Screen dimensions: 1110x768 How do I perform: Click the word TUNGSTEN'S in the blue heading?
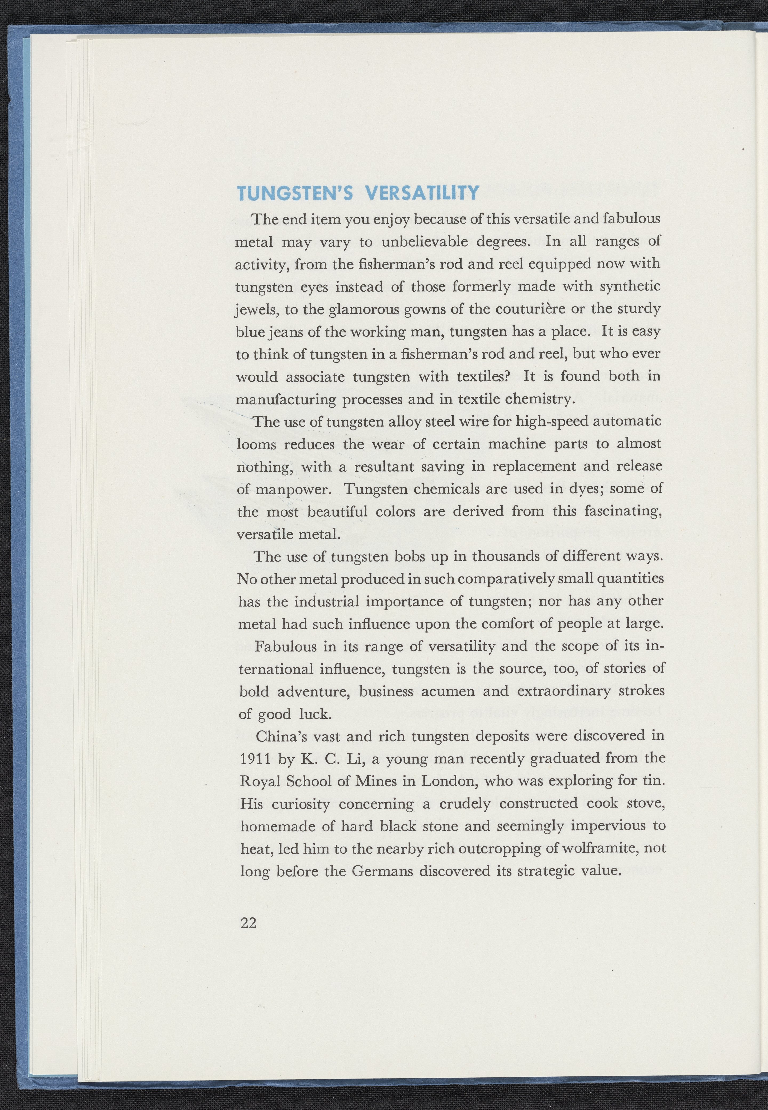pos(295,193)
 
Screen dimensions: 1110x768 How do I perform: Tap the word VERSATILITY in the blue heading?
pos(422,193)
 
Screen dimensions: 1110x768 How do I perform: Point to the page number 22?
pos(248,923)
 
